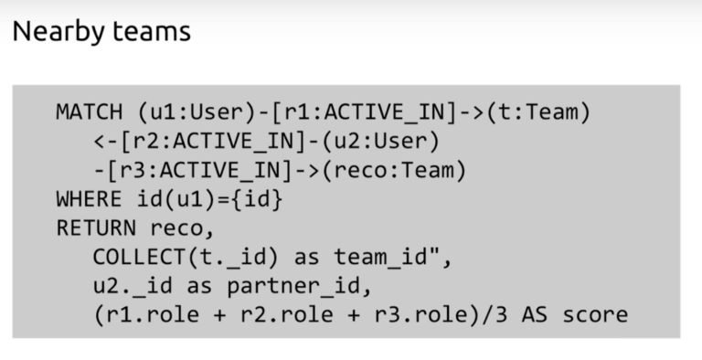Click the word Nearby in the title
[x=57, y=32]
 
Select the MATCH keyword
[x=89, y=112]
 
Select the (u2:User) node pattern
[x=388, y=142]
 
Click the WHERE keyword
[x=89, y=199]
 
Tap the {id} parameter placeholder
[x=258, y=199]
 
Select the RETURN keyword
[x=95, y=228]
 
